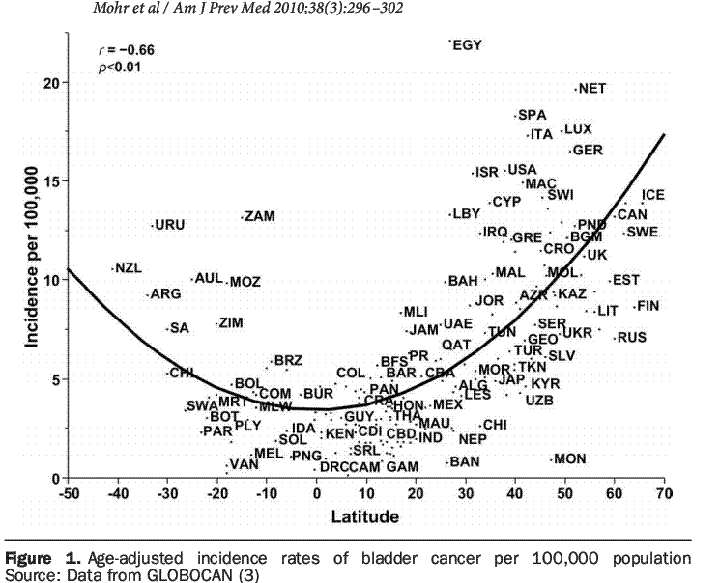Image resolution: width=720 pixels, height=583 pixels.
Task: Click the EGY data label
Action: pyautogui.click(x=468, y=44)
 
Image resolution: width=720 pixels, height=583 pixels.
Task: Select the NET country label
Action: pyautogui.click(x=591, y=89)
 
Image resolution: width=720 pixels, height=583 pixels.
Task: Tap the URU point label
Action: pyautogui.click(x=170, y=225)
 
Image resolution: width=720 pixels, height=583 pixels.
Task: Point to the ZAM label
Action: pyautogui.click(x=259, y=216)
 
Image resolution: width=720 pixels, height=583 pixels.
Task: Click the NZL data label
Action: pyautogui.click(x=129, y=267)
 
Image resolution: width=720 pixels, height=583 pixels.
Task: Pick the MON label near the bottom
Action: pyautogui.click(x=570, y=458)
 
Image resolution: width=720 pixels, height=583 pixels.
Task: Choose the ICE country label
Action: pyautogui.click(x=653, y=195)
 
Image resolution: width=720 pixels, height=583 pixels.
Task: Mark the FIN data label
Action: pyautogui.click(x=648, y=306)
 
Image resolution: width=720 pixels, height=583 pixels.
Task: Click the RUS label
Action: pyautogui.click(x=631, y=337)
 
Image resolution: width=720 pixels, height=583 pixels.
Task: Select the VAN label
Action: pyautogui.click(x=244, y=464)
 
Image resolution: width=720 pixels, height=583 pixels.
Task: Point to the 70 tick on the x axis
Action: pyautogui.click(x=664, y=495)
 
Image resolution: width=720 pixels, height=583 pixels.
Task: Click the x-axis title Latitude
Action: pyautogui.click(x=365, y=516)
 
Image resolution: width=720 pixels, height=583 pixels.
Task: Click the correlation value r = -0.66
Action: pyautogui.click(x=127, y=49)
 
